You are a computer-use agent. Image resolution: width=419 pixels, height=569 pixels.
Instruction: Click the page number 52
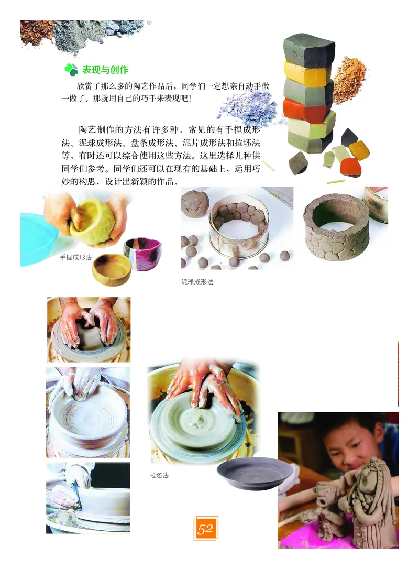(205, 529)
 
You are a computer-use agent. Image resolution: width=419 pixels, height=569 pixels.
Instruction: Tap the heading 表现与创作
(105, 70)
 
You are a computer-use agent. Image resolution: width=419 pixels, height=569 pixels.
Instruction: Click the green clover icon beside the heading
(71, 70)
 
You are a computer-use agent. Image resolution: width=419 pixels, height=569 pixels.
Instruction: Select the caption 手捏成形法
(75, 257)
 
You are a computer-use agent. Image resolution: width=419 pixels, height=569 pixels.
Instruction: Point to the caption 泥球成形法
(197, 282)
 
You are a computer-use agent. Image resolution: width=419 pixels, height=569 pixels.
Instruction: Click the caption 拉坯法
(159, 476)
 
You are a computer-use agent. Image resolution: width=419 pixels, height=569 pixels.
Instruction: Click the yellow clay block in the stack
(307, 73)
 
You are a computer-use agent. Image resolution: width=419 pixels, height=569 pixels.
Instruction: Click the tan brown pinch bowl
(112, 268)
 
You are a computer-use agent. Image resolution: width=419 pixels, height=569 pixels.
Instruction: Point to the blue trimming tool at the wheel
(76, 495)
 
